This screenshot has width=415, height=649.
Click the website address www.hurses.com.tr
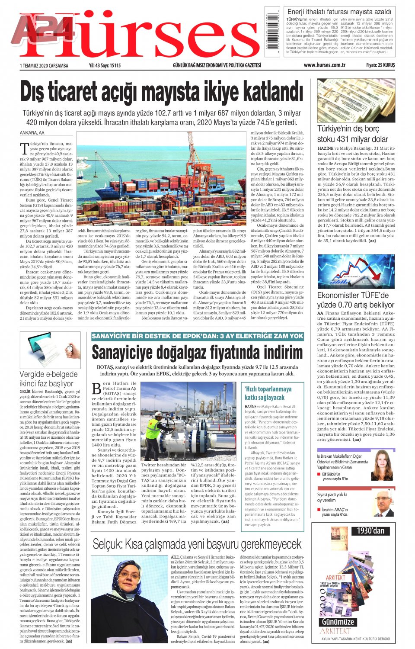point(324,65)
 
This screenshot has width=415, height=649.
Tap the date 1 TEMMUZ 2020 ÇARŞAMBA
point(44,66)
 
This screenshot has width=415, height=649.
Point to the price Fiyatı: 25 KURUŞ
point(380,65)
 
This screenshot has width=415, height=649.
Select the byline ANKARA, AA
point(32,133)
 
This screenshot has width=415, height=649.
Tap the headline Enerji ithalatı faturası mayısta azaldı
point(339,12)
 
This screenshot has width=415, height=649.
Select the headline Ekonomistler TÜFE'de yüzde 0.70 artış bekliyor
point(355,300)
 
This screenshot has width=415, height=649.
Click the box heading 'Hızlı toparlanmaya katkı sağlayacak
point(268,393)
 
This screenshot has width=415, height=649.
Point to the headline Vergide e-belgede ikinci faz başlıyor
point(48,379)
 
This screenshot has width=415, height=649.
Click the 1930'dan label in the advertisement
point(370,530)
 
